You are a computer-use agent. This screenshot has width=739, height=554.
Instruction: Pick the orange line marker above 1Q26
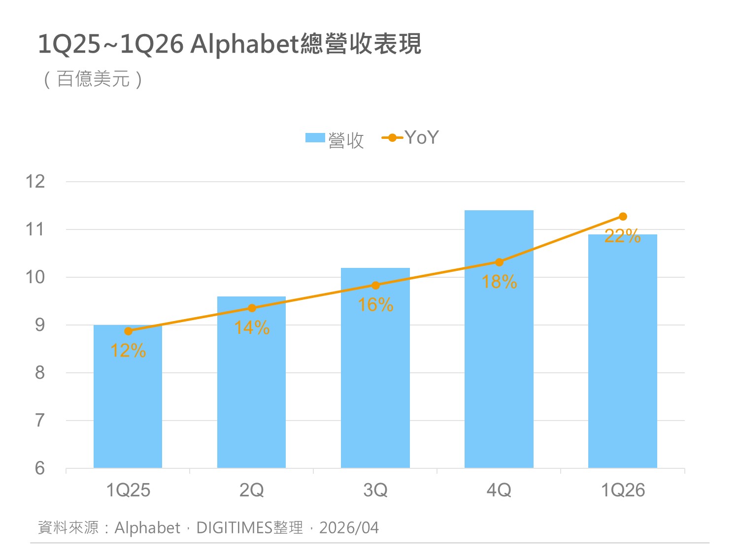pyautogui.click(x=623, y=217)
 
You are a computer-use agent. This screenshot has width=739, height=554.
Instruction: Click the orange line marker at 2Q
pyautogui.click(x=252, y=308)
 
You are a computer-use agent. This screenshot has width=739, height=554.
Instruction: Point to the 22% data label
pyautogui.click(x=622, y=236)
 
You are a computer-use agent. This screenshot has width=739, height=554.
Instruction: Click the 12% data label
pyautogui.click(x=128, y=351)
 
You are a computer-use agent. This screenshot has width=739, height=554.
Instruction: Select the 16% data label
pyautogui.click(x=375, y=305)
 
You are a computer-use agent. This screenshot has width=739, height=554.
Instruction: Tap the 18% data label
pyautogui.click(x=499, y=282)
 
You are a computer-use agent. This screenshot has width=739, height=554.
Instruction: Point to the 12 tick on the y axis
pyautogui.click(x=35, y=181)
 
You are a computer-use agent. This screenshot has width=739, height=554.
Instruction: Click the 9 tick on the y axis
pyautogui.click(x=39, y=325)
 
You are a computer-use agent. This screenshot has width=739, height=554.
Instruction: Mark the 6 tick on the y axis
pyautogui.click(x=39, y=468)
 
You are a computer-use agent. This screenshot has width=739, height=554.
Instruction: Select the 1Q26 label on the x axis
pyautogui.click(x=623, y=490)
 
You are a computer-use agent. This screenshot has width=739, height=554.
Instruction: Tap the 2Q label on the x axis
pyautogui.click(x=252, y=490)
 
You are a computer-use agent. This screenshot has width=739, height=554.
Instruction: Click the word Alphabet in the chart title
pyautogui.click(x=245, y=44)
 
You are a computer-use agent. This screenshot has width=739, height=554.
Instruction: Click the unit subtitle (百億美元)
pyautogui.click(x=93, y=79)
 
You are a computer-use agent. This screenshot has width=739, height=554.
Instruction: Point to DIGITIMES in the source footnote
pyautogui.click(x=234, y=528)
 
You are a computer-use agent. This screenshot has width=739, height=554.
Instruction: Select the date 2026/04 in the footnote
pyautogui.click(x=349, y=528)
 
